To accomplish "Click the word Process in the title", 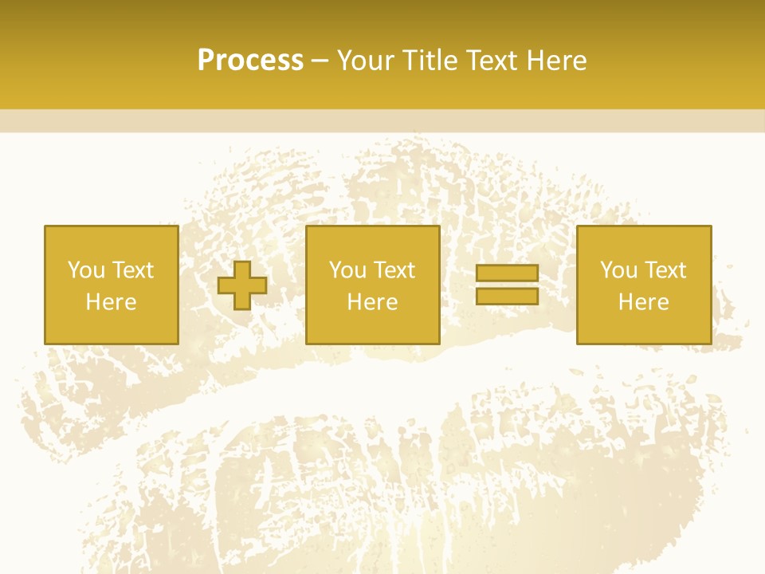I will pos(250,61).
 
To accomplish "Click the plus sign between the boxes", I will pos(242,285).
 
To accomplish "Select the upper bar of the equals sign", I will pos(507,273).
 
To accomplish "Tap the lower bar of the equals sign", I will pos(507,296).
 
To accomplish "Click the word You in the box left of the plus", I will pos(86,270).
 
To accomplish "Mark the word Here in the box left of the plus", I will pos(111,302).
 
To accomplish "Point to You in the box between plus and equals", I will pos(347,270).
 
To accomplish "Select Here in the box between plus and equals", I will pos(372,302).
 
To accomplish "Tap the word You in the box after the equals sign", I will pos(618,270).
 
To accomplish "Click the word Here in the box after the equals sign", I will pos(643,302).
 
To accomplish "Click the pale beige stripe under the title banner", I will pos(382,120).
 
